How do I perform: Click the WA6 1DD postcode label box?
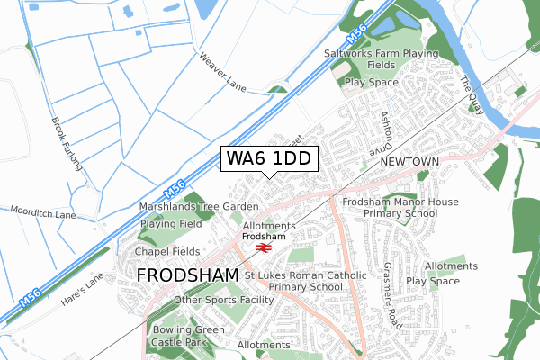click(269, 158)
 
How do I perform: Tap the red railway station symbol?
click(264, 246)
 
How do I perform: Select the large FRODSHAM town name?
click(187, 274)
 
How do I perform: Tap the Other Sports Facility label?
click(223, 300)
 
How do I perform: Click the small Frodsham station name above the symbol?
click(263, 236)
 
